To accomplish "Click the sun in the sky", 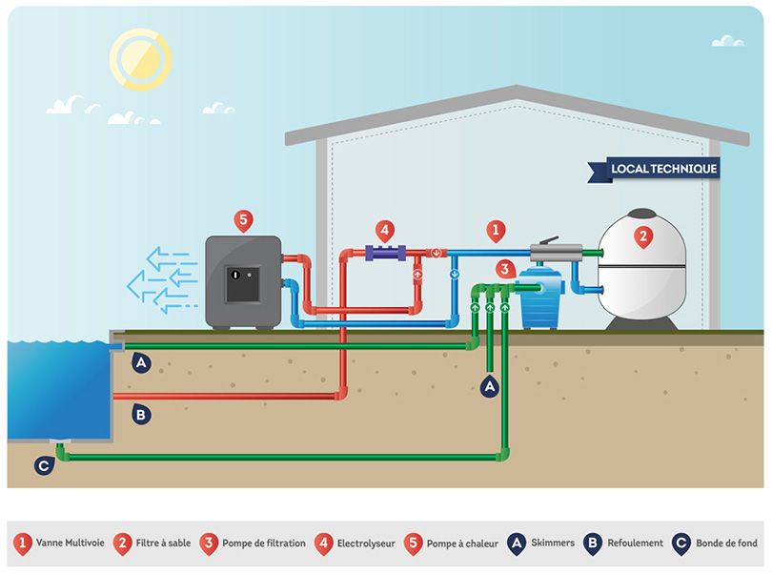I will pos(140,57).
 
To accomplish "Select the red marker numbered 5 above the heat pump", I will pos(243,221).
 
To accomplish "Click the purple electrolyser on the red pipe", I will pos(385,254).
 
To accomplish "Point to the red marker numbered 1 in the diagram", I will pos(495,230).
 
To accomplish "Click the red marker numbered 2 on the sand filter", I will pos(643,236).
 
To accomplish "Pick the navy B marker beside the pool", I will pos(141,414).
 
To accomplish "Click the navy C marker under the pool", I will pos(43,465).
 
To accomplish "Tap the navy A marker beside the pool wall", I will pos(141,362).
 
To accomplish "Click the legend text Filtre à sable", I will pos(164,543).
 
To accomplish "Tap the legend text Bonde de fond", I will pos(728,543).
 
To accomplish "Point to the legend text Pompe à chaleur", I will pos(462,543).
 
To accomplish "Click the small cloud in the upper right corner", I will pos(727,41).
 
